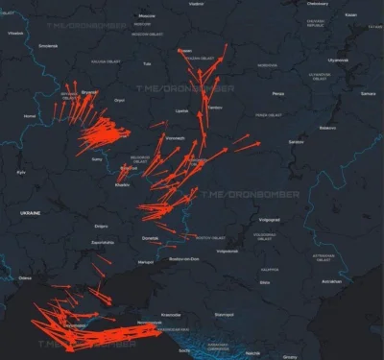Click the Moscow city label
pyautogui.click(x=147, y=16)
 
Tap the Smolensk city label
pyautogui.click(x=47, y=44)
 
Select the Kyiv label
pyautogui.click(x=21, y=172)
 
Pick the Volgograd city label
pyautogui.click(x=269, y=219)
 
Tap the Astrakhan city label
pyautogui.click(x=330, y=281)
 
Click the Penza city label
pyautogui.click(x=277, y=94)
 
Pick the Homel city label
pyautogui.click(x=30, y=115)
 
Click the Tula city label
pyautogui.click(x=147, y=63)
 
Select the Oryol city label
pyautogui.click(x=119, y=100)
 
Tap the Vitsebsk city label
pyautogui.click(x=15, y=34)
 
